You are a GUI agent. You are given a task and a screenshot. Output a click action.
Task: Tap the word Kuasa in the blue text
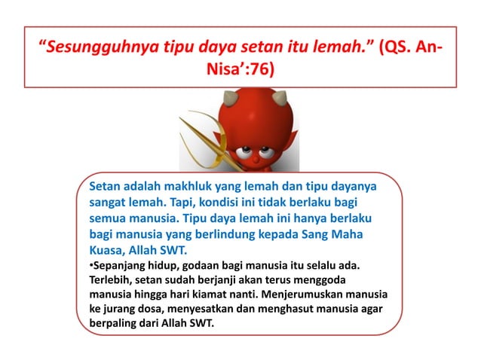[x=108, y=252]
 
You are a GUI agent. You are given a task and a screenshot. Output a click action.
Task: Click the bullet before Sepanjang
[x=91, y=267]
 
